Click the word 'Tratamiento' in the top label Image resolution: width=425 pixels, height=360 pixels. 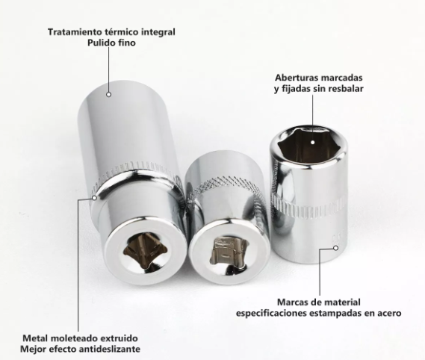point(75,32)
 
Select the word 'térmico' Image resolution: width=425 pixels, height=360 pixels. point(122,32)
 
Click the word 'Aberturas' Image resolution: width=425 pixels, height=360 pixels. point(296,78)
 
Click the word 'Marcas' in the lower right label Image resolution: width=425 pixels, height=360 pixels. point(291,302)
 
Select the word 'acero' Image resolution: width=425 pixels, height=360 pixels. point(389,314)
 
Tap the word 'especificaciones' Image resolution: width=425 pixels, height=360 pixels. point(271,314)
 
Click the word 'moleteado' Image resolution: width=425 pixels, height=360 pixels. point(73,338)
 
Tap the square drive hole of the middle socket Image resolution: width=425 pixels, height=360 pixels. point(229,253)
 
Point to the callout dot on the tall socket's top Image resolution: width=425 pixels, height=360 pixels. point(109,95)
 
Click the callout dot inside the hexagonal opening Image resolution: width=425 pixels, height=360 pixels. point(312,142)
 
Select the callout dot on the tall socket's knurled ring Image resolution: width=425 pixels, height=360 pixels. point(94,198)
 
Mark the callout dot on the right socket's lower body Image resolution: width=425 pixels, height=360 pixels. point(336,248)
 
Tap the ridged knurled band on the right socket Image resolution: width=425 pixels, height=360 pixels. point(309,208)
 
